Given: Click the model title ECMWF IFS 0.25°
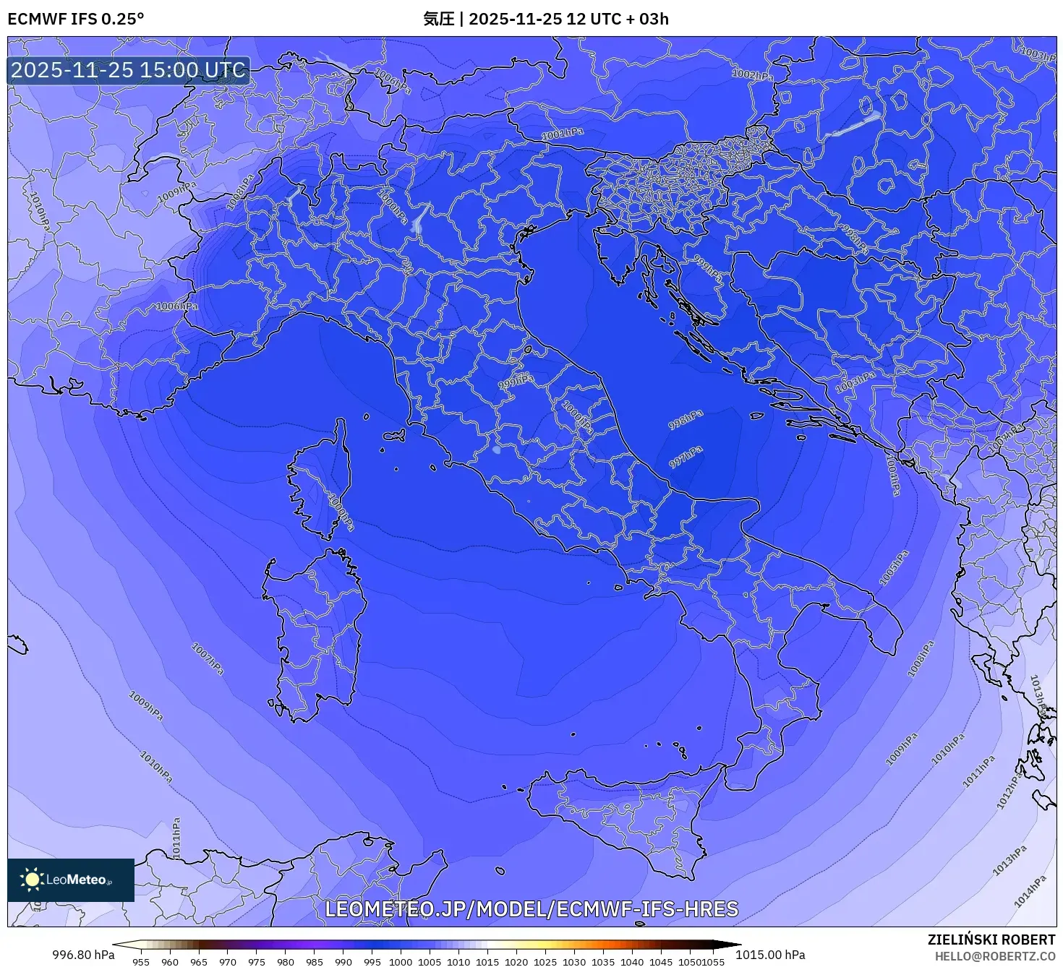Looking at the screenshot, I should click(x=76, y=19).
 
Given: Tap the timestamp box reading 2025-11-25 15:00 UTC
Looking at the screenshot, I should click(x=128, y=70).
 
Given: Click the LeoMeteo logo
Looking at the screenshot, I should click(x=71, y=880).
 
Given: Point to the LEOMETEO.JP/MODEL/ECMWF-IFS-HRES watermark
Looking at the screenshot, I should click(x=531, y=909).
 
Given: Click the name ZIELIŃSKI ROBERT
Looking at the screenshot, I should click(x=991, y=940).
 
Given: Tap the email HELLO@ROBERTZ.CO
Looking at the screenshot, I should click(x=994, y=956).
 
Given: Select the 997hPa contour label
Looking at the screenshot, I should click(x=685, y=457).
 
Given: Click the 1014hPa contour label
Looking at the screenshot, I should click(x=1030, y=890).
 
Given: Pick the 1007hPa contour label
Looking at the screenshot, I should click(x=207, y=658).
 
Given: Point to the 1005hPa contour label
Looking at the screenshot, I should click(x=894, y=568).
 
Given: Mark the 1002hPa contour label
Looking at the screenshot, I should click(x=751, y=74).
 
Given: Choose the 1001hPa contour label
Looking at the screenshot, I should click(x=562, y=134).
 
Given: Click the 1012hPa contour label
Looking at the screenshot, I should click(x=1009, y=790).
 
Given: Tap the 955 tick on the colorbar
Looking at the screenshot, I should click(x=141, y=961).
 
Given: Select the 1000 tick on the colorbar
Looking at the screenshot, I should click(x=400, y=961).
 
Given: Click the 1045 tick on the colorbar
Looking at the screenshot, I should click(x=660, y=961).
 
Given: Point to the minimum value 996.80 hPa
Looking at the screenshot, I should click(x=83, y=955).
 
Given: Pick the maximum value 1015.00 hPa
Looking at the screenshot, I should click(x=770, y=955).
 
